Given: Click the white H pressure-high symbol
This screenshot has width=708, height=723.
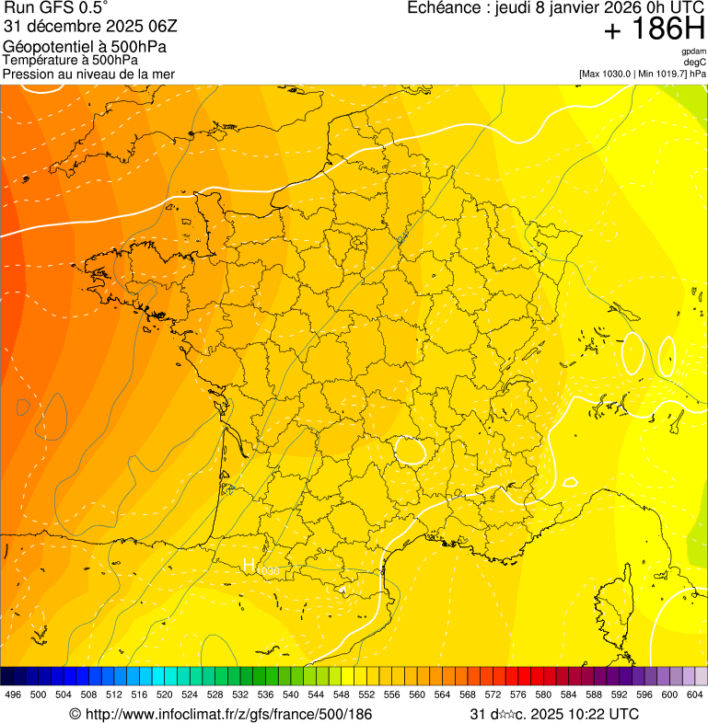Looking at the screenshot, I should click(249, 566).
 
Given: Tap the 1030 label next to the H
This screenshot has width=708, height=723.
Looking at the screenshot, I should click(268, 572).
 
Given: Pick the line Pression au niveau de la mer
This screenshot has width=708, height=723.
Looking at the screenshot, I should click(88, 74).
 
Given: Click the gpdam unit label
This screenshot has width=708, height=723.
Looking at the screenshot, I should click(693, 52).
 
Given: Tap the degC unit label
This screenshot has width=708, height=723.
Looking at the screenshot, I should click(695, 62).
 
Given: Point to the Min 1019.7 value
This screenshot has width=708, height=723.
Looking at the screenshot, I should click(664, 74).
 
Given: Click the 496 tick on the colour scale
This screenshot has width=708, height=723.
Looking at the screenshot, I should click(13, 694).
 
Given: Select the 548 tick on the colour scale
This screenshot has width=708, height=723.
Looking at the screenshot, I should click(342, 694).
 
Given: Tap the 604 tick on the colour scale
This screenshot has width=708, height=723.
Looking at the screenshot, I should click(694, 694).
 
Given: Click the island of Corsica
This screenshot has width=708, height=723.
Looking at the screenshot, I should click(615, 589).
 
